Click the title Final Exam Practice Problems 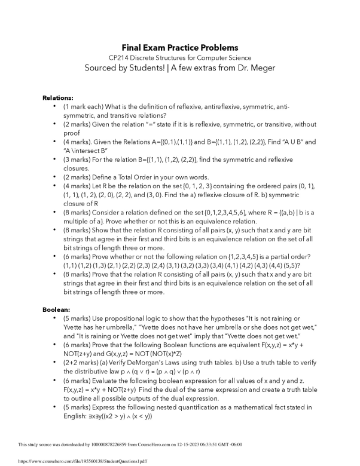click(180, 47)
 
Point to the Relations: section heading click(58, 97)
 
